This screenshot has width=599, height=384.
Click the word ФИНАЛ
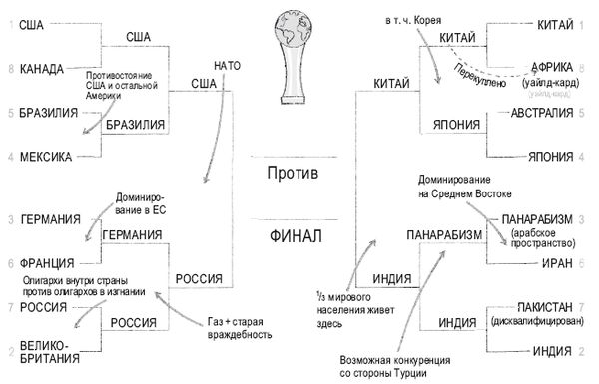299,238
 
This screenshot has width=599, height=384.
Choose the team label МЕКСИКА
44,157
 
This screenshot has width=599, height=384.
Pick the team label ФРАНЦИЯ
46,263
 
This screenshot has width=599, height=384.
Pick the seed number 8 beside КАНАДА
9,69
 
